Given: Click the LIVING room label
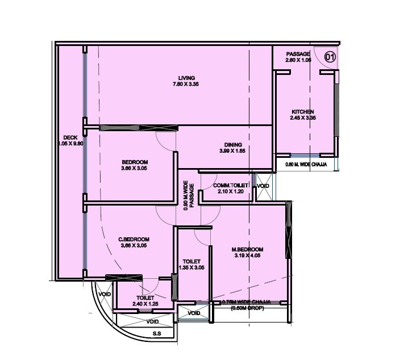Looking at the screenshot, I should [186, 78].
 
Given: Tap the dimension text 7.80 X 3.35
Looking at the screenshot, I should [186, 84].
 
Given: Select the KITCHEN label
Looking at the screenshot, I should [303, 112].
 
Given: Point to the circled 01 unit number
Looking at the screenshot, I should [330, 56].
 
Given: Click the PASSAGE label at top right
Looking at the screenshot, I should [298, 54].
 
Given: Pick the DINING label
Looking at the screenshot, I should [233, 145].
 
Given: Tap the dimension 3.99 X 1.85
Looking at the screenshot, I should [233, 151].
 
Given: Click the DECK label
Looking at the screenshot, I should [70, 137].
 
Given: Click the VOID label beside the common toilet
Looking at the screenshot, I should [263, 186].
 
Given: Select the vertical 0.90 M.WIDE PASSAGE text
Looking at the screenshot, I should [189, 196].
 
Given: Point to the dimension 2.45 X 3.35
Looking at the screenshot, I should [303, 118].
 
